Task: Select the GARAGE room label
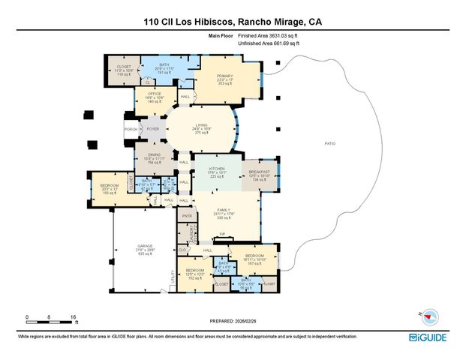[x=144, y=245]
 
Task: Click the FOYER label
[x=153, y=129]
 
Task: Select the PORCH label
[x=130, y=129]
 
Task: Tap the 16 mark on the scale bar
[x=74, y=316]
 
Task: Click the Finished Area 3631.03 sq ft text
[x=268, y=35]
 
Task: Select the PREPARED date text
[x=234, y=320]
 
